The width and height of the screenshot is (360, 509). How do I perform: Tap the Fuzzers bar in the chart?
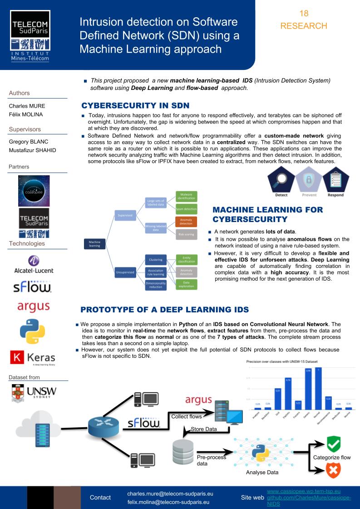pos(298,405)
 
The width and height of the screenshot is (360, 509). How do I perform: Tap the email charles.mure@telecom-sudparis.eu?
pos(170,493)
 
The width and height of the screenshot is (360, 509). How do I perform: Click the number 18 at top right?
pos(304,15)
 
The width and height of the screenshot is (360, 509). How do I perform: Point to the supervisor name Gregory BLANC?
pos(28,141)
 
